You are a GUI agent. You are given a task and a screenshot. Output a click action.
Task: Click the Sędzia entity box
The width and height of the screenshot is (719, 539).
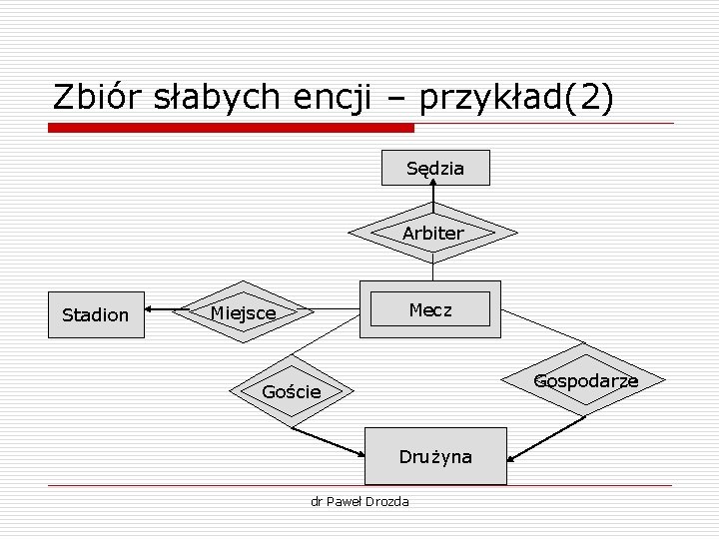coord(435,168)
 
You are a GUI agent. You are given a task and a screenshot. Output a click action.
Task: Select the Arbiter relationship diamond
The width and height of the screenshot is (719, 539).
coord(433,233)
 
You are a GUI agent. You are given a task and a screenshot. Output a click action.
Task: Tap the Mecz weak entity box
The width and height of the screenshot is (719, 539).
coord(430,309)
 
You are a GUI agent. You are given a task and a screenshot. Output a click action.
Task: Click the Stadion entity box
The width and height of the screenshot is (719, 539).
coord(95,314)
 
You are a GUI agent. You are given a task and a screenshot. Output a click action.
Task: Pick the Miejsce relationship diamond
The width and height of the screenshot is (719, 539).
coord(243,312)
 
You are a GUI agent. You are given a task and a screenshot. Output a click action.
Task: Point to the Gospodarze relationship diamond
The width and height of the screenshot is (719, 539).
coord(585,381)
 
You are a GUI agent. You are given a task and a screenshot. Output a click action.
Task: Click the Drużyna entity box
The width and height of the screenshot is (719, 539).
coord(436,456)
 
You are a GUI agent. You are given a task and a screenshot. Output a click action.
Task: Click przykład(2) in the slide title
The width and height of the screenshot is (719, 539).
coord(517,97)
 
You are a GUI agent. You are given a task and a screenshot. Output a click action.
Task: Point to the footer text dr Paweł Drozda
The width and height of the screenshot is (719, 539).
coord(360,500)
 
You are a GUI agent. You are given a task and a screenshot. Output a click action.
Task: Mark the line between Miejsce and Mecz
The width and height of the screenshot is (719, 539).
coord(336,310)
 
